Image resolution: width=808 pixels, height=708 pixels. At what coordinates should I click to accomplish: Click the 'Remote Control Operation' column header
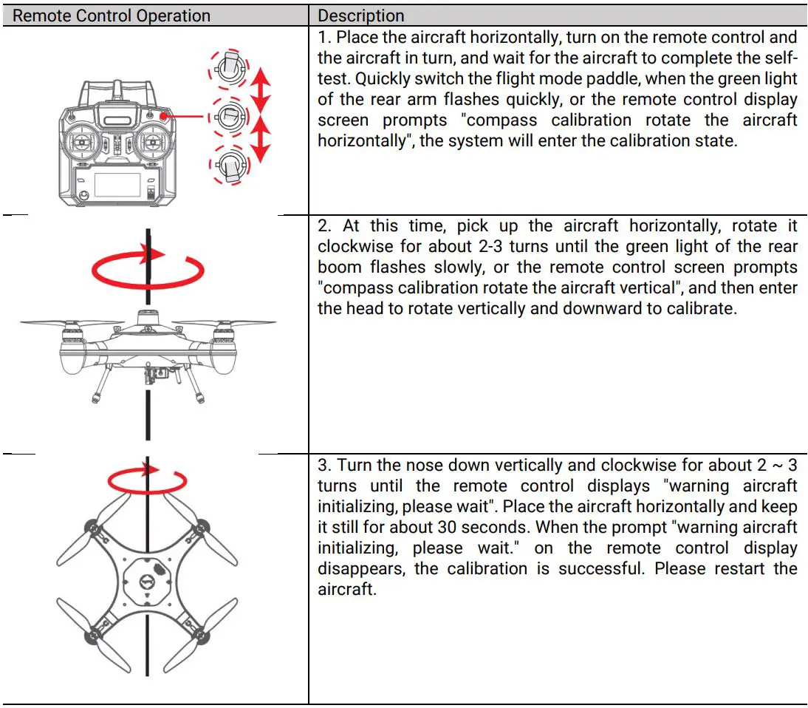tap(112, 16)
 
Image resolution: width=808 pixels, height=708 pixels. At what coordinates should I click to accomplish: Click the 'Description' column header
tap(361, 16)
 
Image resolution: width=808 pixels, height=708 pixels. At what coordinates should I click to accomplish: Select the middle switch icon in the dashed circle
tap(230, 115)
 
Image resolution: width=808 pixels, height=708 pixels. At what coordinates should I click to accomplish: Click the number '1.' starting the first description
tap(325, 37)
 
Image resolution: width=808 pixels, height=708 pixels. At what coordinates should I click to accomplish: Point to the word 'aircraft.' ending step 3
tap(347, 590)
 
